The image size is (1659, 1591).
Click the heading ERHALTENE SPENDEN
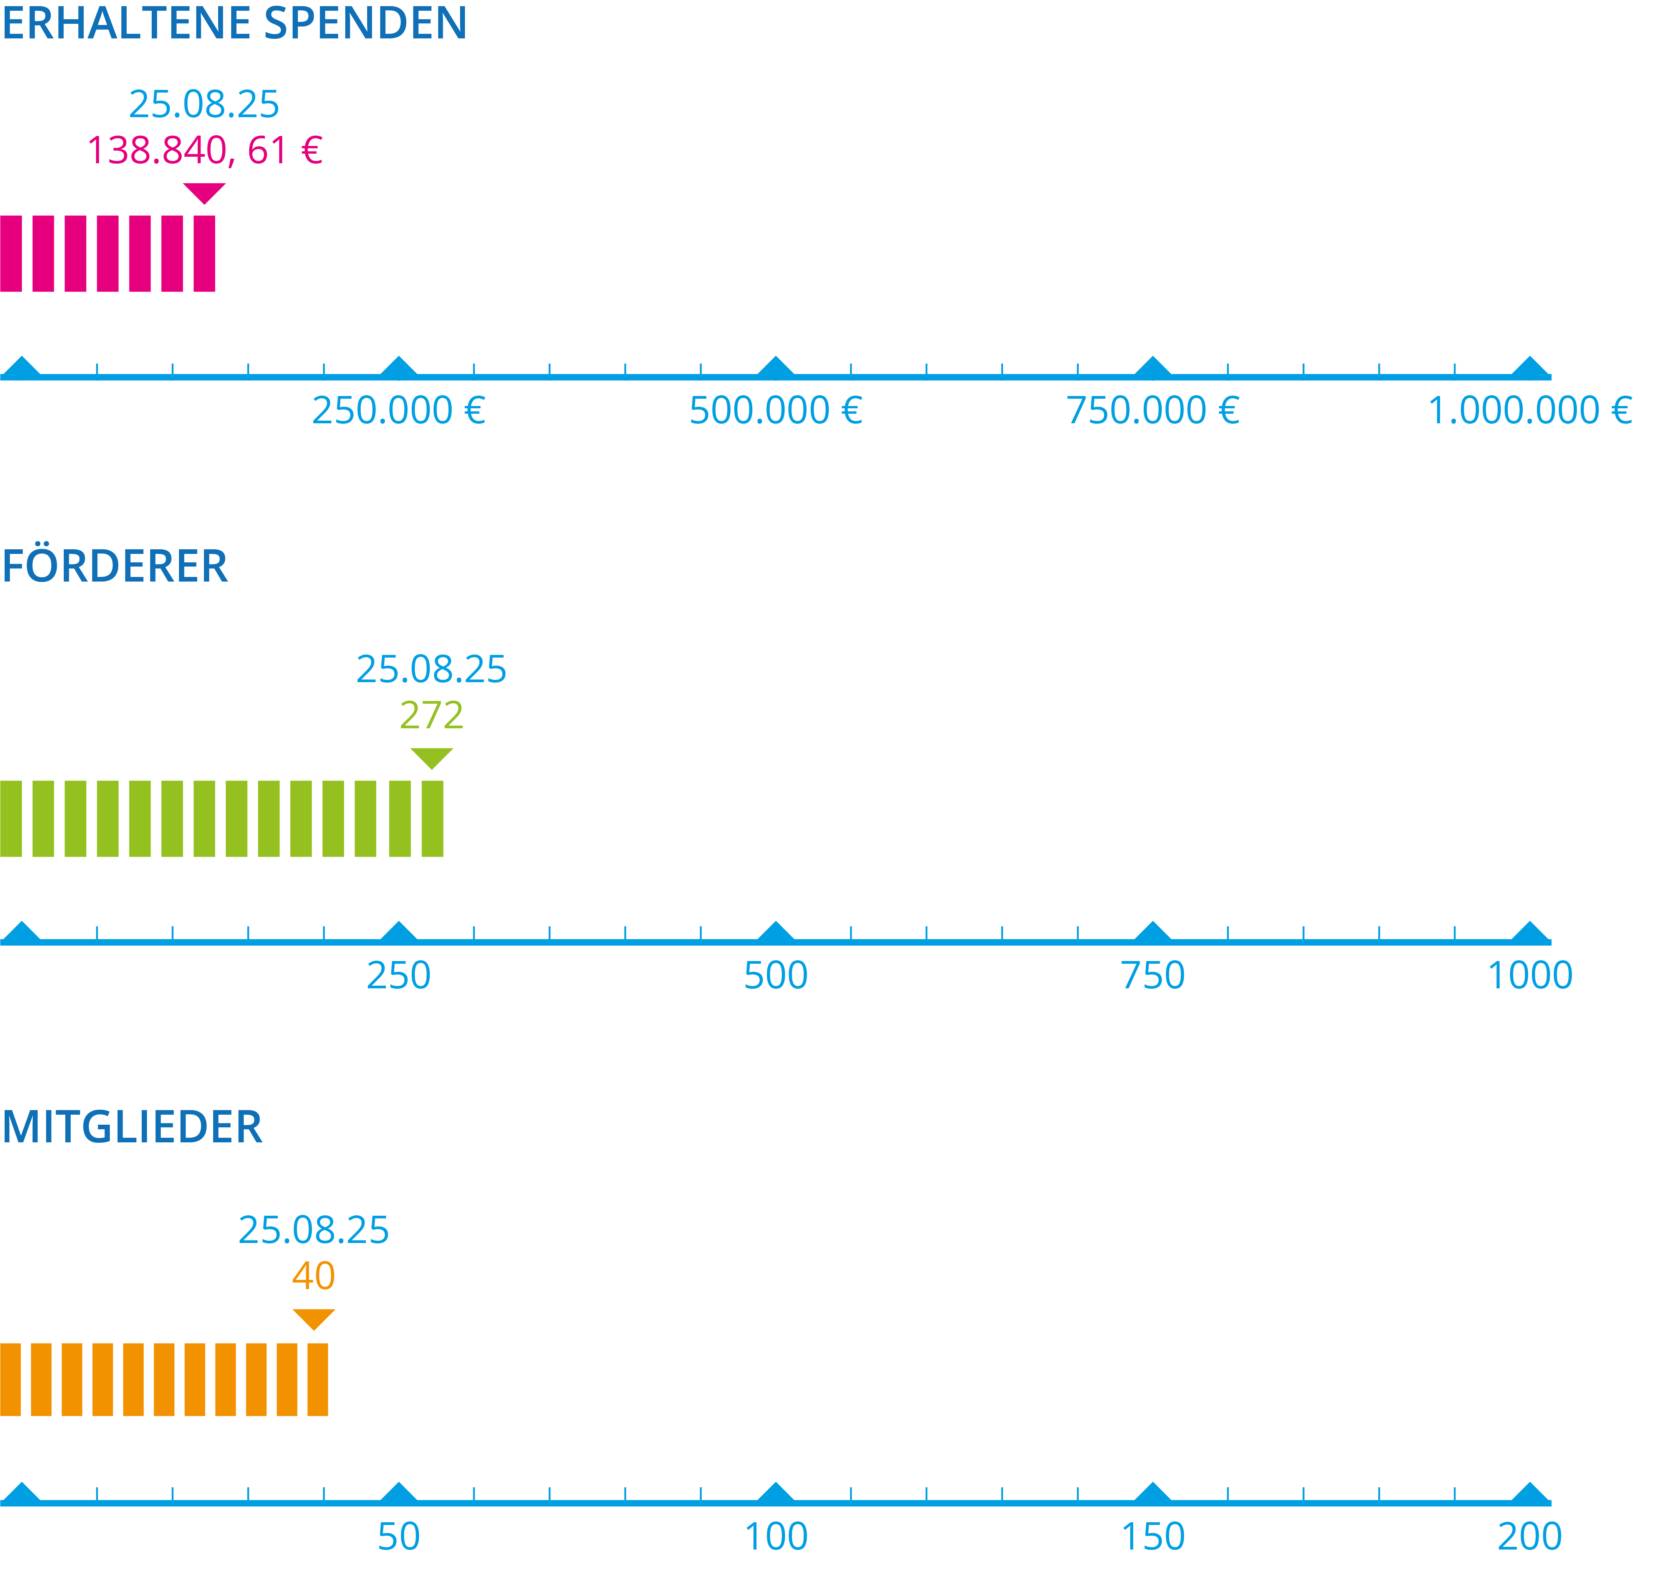(235, 23)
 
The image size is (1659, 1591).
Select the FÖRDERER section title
(115, 567)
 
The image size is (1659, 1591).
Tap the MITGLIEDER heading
(132, 1127)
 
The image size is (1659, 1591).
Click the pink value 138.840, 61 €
(205, 151)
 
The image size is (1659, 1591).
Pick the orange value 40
(313, 1276)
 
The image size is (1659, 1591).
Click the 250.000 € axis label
(399, 411)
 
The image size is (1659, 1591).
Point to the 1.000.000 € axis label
(1530, 411)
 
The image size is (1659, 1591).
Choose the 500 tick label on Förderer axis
(775, 975)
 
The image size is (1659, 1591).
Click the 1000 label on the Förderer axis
(1530, 975)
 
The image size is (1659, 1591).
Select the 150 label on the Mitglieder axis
(1153, 1537)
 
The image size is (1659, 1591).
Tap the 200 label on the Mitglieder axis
(1530, 1537)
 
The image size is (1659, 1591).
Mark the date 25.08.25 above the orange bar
(313, 1230)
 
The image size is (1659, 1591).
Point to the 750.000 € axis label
(1153, 411)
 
